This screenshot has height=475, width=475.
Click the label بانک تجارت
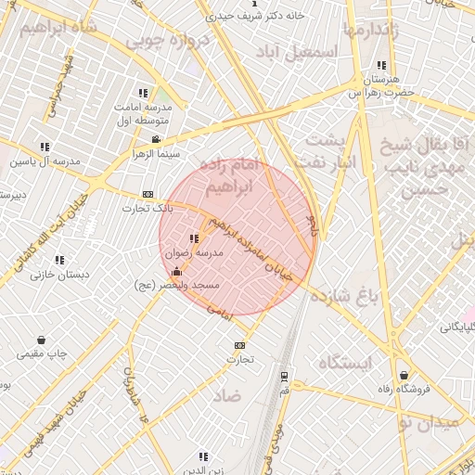point(141,208)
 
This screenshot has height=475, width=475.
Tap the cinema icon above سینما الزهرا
point(155,139)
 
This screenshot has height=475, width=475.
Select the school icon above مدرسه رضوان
point(194,239)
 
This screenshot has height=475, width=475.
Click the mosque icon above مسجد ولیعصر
point(176,271)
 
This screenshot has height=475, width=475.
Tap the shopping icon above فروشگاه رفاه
point(404,375)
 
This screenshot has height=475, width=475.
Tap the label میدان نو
point(428,423)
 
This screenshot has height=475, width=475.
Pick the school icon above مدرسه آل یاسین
point(45,147)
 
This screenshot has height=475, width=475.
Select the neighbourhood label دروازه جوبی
point(157,41)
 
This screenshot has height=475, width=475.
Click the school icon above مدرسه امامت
point(143,93)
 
